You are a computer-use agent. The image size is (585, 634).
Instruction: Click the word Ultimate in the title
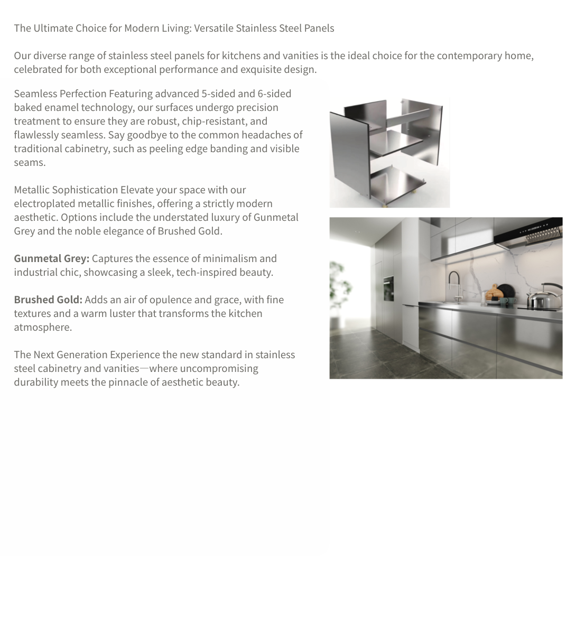point(53,29)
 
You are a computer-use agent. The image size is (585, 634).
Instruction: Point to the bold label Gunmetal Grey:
point(51,258)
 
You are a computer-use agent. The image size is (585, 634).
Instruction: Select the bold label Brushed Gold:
point(48,300)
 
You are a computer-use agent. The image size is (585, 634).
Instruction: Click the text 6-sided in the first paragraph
point(274,94)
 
